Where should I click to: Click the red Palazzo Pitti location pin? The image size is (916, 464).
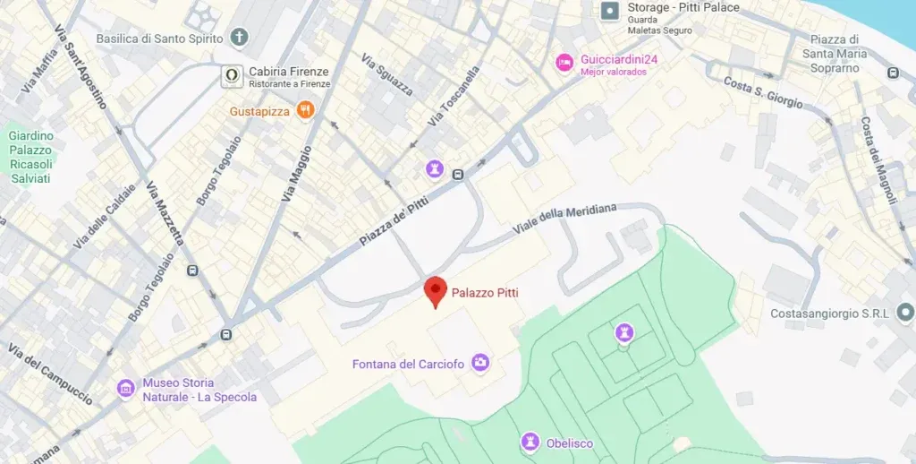click(435, 290)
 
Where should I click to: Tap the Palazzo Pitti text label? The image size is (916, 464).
click(485, 293)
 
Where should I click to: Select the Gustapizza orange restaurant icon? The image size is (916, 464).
click(306, 110)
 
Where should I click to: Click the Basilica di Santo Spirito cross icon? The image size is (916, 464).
click(239, 38)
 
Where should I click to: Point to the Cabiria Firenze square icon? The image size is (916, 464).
click(232, 75)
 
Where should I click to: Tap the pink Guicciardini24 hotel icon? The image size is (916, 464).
click(564, 61)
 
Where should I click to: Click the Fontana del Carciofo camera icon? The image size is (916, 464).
click(480, 363)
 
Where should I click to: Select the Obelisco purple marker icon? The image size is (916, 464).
click(530, 442)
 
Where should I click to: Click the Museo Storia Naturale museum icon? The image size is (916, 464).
click(126, 389)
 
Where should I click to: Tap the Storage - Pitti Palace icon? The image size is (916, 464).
click(609, 11)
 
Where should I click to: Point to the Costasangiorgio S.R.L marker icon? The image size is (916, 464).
click(905, 313)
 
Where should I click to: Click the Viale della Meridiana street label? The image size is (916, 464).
click(564, 219)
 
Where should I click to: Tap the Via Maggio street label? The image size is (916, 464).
click(298, 173)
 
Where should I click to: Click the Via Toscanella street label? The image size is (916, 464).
click(454, 96)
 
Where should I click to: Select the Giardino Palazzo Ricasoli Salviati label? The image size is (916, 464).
click(31, 157)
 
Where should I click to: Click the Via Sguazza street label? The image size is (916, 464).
click(387, 74)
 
